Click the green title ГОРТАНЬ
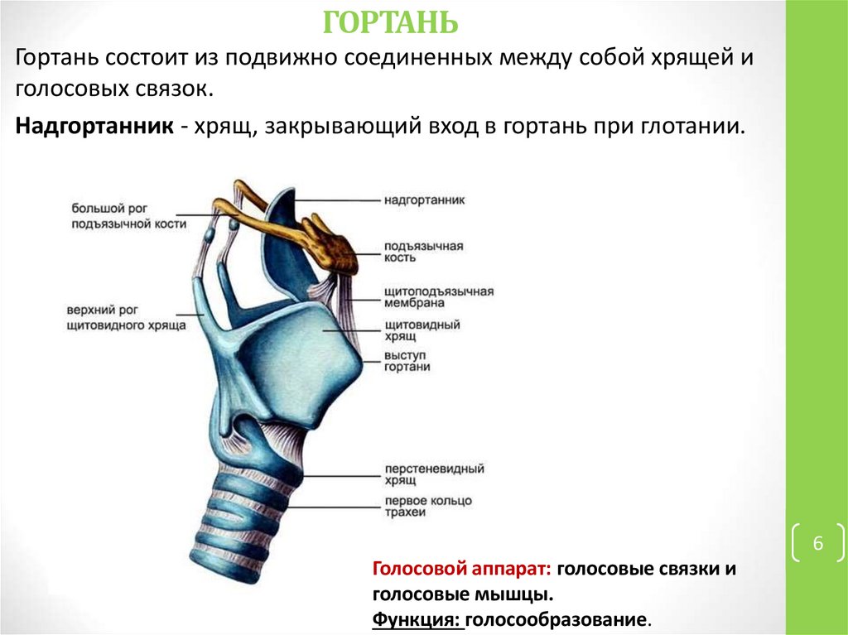pos(389,22)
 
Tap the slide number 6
pos(817,544)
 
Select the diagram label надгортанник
pos(424,200)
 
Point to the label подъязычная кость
pos(422,253)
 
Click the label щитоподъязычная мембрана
pos(438,298)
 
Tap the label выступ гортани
pos(407,361)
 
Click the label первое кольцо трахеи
pos(427,507)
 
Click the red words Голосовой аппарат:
pos(462,570)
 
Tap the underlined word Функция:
pos(417,618)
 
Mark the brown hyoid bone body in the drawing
pos(339,248)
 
